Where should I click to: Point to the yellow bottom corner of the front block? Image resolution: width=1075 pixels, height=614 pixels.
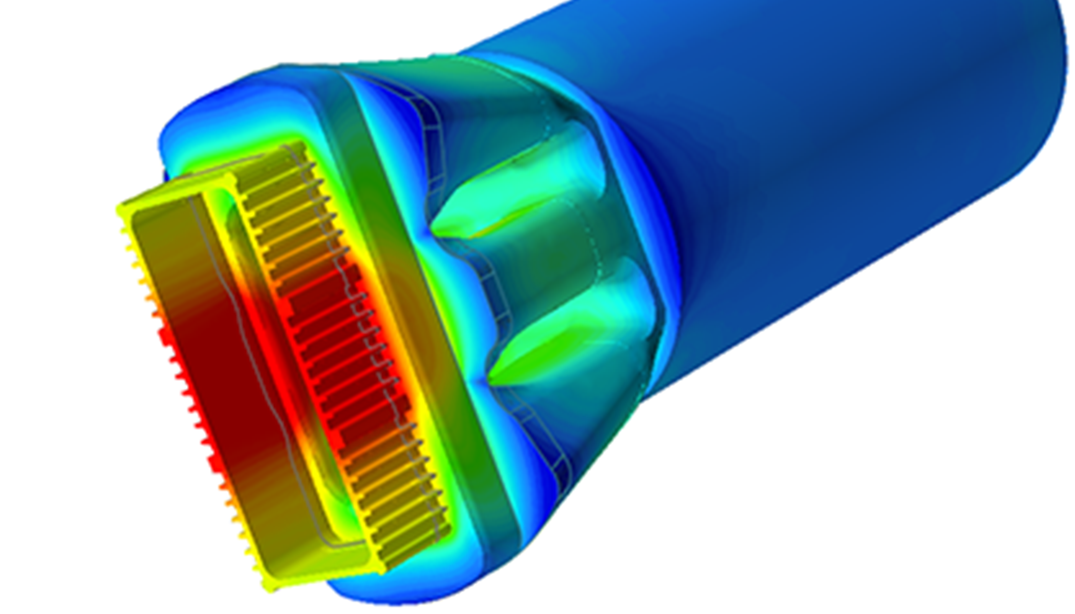point(271,583)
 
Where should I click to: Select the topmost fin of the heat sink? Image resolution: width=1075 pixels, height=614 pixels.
point(287,153)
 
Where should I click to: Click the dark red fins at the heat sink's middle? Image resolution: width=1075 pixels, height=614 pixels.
point(333,333)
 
